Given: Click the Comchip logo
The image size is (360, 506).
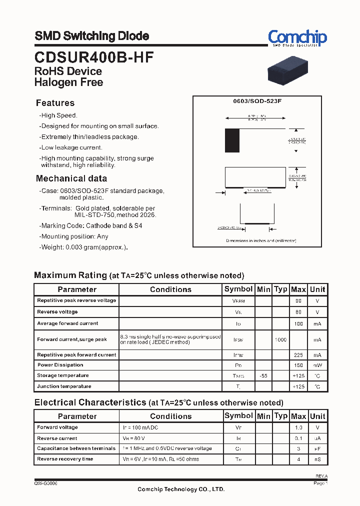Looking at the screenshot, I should [x=297, y=37].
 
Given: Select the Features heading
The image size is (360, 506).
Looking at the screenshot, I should [x=55, y=103].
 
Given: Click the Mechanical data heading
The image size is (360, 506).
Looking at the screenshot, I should [x=71, y=178].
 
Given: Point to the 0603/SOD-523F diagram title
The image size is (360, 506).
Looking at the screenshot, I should [x=257, y=101].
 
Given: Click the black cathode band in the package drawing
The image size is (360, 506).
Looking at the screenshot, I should [x=232, y=140].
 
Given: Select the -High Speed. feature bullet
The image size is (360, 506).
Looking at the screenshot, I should [x=58, y=115].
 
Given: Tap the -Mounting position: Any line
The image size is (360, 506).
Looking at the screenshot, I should [x=73, y=236].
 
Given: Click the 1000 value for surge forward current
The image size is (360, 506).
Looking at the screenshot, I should [x=280, y=340].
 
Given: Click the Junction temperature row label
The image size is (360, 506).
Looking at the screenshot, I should [x=64, y=386].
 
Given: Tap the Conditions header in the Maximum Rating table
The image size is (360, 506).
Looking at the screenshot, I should [x=170, y=289].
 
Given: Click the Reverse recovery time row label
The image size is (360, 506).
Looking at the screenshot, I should [x=65, y=459].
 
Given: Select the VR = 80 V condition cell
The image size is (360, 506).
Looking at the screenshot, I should [x=134, y=438].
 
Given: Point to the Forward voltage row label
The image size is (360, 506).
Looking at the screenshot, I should [x=57, y=427].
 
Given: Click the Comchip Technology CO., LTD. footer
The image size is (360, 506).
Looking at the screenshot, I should [x=181, y=489].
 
